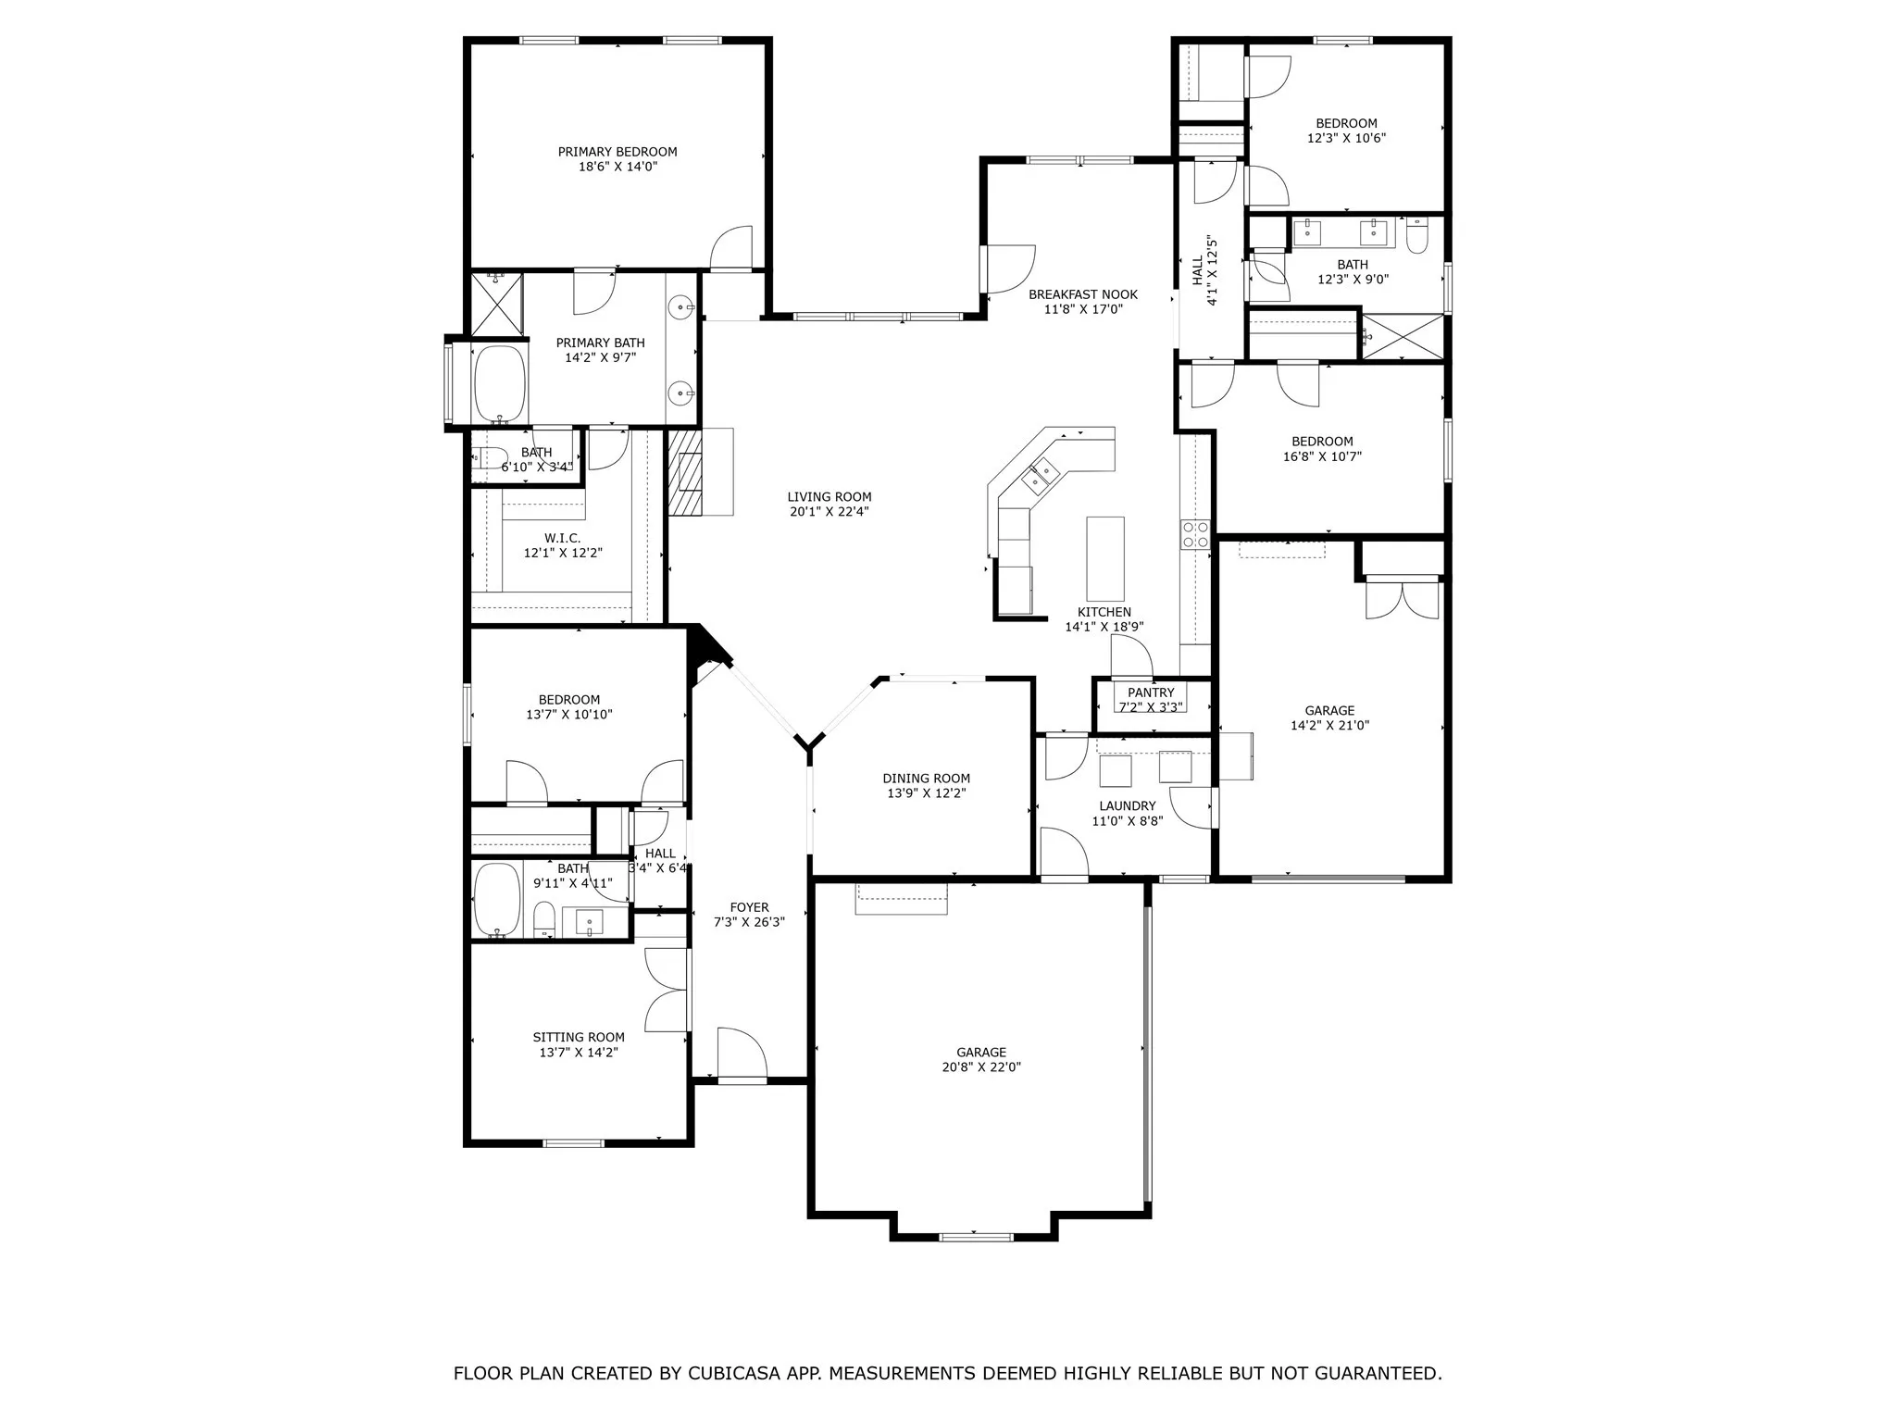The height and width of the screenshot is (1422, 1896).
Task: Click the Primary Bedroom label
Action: (617, 152)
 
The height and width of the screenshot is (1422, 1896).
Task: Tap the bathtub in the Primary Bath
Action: (500, 383)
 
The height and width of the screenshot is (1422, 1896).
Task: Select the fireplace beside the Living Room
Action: (687, 472)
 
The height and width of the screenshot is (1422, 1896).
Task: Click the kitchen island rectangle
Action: (1104, 558)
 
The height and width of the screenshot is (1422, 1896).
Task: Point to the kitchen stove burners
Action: (1194, 534)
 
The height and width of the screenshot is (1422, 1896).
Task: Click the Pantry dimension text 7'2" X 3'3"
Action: (1151, 707)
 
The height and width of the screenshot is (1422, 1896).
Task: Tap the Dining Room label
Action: (926, 779)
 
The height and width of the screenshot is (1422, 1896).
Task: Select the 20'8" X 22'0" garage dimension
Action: (981, 1066)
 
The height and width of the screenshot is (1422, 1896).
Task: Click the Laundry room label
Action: (1127, 805)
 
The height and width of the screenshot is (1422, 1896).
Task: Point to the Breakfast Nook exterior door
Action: (1007, 268)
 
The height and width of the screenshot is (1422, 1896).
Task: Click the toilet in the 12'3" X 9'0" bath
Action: (1416, 235)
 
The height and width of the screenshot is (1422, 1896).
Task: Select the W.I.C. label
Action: (562, 538)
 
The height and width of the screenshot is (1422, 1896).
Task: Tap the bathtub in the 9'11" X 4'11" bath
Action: (498, 900)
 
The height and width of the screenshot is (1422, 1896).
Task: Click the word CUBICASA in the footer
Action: (737, 1373)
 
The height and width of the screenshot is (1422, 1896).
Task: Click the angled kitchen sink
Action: (1041, 476)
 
